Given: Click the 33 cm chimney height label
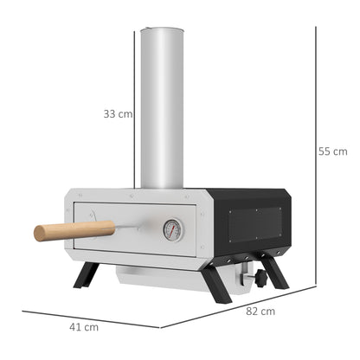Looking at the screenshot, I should [118, 113].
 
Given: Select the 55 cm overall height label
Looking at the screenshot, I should [332, 151].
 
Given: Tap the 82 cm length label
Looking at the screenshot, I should [261, 311].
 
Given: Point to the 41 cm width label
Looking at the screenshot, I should [84, 327].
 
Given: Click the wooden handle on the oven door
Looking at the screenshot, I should [74, 230].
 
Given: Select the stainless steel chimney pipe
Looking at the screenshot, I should [162, 112].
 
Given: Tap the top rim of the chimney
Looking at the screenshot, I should [162, 31].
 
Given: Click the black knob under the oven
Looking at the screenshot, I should [257, 280].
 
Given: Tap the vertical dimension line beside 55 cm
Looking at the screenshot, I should [315, 156].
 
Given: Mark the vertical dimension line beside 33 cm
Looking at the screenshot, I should [136, 112].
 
